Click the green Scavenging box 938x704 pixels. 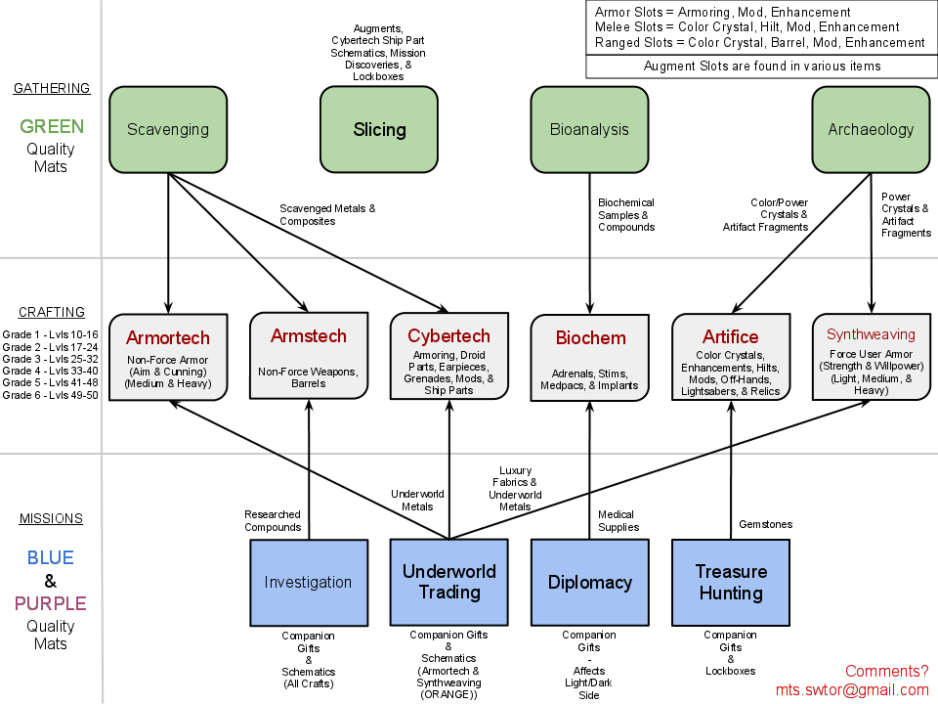tap(168, 129)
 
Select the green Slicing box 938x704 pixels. tap(379, 129)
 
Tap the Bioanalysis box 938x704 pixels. tap(589, 129)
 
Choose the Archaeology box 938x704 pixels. tap(871, 129)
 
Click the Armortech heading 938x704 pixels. tap(168, 338)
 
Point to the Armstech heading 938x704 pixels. tap(309, 336)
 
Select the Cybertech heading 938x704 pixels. tap(448, 336)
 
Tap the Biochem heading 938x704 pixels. tap(590, 338)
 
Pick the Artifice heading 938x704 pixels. tap(730, 337)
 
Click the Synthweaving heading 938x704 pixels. tap(871, 334)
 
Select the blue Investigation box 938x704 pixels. tap(308, 583)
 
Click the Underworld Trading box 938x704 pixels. tap(448, 582)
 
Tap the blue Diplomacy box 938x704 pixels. tap(589, 583)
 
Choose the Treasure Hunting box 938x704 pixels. tap(730, 583)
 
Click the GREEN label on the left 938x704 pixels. tap(52, 126)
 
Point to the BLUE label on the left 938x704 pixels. tap(50, 557)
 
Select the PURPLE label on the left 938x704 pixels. tap(50, 603)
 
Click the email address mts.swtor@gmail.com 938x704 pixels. tap(852, 690)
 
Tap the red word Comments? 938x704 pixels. tap(886, 671)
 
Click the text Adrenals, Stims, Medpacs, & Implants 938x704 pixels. tap(589, 379)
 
